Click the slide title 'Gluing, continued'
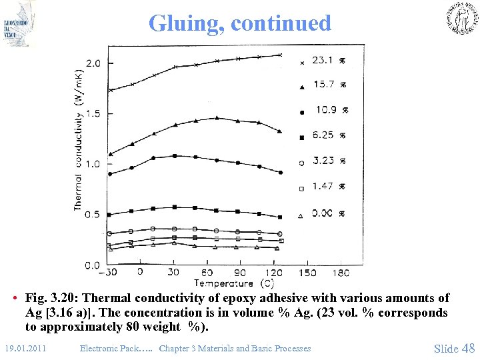tap(240, 23)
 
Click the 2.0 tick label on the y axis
tap(93, 63)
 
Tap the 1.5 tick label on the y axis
tap(93, 114)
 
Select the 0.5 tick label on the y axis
tap(93, 215)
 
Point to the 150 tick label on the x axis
tap(307, 273)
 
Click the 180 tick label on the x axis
tap(340, 273)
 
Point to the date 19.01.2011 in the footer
tap(25, 348)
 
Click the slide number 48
tap(468, 348)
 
